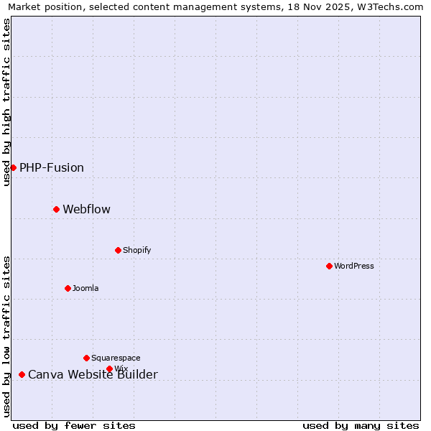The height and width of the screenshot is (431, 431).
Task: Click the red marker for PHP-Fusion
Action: [13, 167]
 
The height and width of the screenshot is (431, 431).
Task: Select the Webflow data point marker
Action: [56, 209]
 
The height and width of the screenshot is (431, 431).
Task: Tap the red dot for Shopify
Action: [118, 250]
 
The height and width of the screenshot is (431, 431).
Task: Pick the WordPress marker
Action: [329, 266]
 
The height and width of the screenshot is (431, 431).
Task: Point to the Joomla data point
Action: [68, 288]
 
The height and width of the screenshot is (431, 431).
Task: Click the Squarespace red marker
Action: [86, 358]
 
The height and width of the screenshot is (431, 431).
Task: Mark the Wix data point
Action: [109, 369]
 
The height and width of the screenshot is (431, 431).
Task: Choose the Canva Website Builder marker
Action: [22, 374]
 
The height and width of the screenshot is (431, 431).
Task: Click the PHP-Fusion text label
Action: [52, 168]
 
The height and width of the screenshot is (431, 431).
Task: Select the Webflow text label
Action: [87, 210]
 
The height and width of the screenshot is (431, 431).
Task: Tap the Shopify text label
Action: [136, 251]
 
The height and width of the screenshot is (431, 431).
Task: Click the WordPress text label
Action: [354, 267]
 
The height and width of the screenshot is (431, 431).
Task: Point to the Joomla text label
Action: [85, 289]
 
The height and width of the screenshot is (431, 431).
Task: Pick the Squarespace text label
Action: [116, 358]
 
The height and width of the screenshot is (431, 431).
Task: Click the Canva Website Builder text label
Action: [93, 375]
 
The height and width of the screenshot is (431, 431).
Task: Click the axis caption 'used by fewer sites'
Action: [74, 425]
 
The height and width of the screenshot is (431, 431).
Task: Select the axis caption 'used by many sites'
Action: [361, 425]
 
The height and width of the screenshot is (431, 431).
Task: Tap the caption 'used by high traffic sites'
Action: [7, 102]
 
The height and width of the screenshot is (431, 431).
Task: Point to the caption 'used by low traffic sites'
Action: [7, 336]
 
